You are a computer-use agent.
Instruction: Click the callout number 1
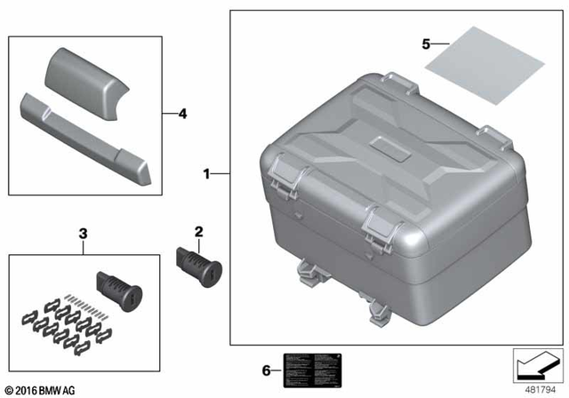coord(207,175)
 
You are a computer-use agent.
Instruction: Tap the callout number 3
coord(84,234)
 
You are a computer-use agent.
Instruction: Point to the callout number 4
coord(182,114)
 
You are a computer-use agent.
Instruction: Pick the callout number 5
coord(426,43)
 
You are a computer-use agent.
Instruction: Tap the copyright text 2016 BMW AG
coord(43,388)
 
